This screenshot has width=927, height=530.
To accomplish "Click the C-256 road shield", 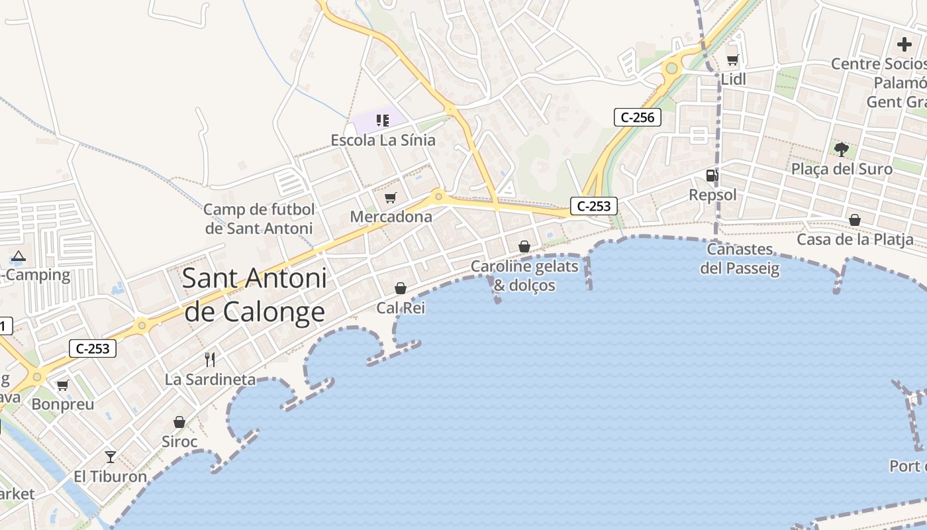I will (x=637, y=118).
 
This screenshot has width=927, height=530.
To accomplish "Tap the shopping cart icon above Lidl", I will (x=732, y=60).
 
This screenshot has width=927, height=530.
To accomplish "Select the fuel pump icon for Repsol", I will (x=712, y=176).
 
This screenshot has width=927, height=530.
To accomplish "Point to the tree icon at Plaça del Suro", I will (x=842, y=149).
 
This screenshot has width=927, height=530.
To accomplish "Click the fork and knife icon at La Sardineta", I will (x=210, y=360).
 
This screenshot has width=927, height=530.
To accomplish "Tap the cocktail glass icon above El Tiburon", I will (x=111, y=456).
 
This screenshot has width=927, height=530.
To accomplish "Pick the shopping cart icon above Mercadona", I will (x=391, y=197).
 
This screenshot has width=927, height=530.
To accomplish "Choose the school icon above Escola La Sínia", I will (x=382, y=120).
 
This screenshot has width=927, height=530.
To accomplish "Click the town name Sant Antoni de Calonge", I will (x=254, y=295).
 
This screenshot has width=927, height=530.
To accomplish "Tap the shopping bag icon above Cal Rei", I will (x=401, y=288).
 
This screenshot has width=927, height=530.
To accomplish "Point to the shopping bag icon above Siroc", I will (x=179, y=422).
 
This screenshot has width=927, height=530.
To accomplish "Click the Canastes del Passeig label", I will (x=740, y=259).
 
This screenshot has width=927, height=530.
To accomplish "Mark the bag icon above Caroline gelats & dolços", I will (x=524, y=246).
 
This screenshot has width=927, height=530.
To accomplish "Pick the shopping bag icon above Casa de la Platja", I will (x=855, y=220).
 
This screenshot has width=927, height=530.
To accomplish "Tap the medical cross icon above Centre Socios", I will (x=904, y=44).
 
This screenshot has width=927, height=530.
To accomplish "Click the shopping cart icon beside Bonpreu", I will (x=62, y=385).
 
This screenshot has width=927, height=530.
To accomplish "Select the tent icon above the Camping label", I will (x=19, y=256).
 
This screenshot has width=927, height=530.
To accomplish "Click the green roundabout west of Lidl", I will (x=672, y=68).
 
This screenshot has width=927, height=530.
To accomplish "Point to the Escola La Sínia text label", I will (x=383, y=140).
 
